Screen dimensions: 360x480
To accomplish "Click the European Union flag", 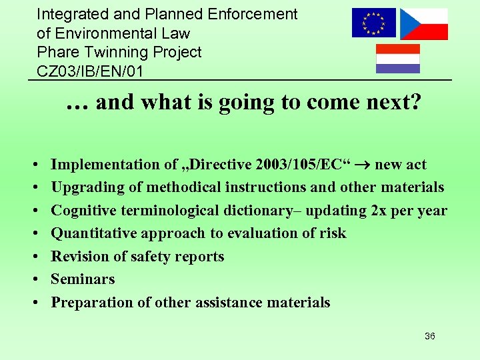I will pyautogui.click(x=373, y=23).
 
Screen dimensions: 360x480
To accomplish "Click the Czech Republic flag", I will pyautogui.click(x=423, y=24).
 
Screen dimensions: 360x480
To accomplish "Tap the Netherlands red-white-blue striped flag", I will pyautogui.click(x=398, y=59).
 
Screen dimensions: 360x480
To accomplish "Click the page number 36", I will pyautogui.click(x=429, y=336).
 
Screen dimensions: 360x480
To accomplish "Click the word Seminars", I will pyautogui.click(x=83, y=279).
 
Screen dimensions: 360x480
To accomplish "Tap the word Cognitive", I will pyautogui.click(x=84, y=211).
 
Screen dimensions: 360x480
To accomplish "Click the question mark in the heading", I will pyautogui.click(x=415, y=102).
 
